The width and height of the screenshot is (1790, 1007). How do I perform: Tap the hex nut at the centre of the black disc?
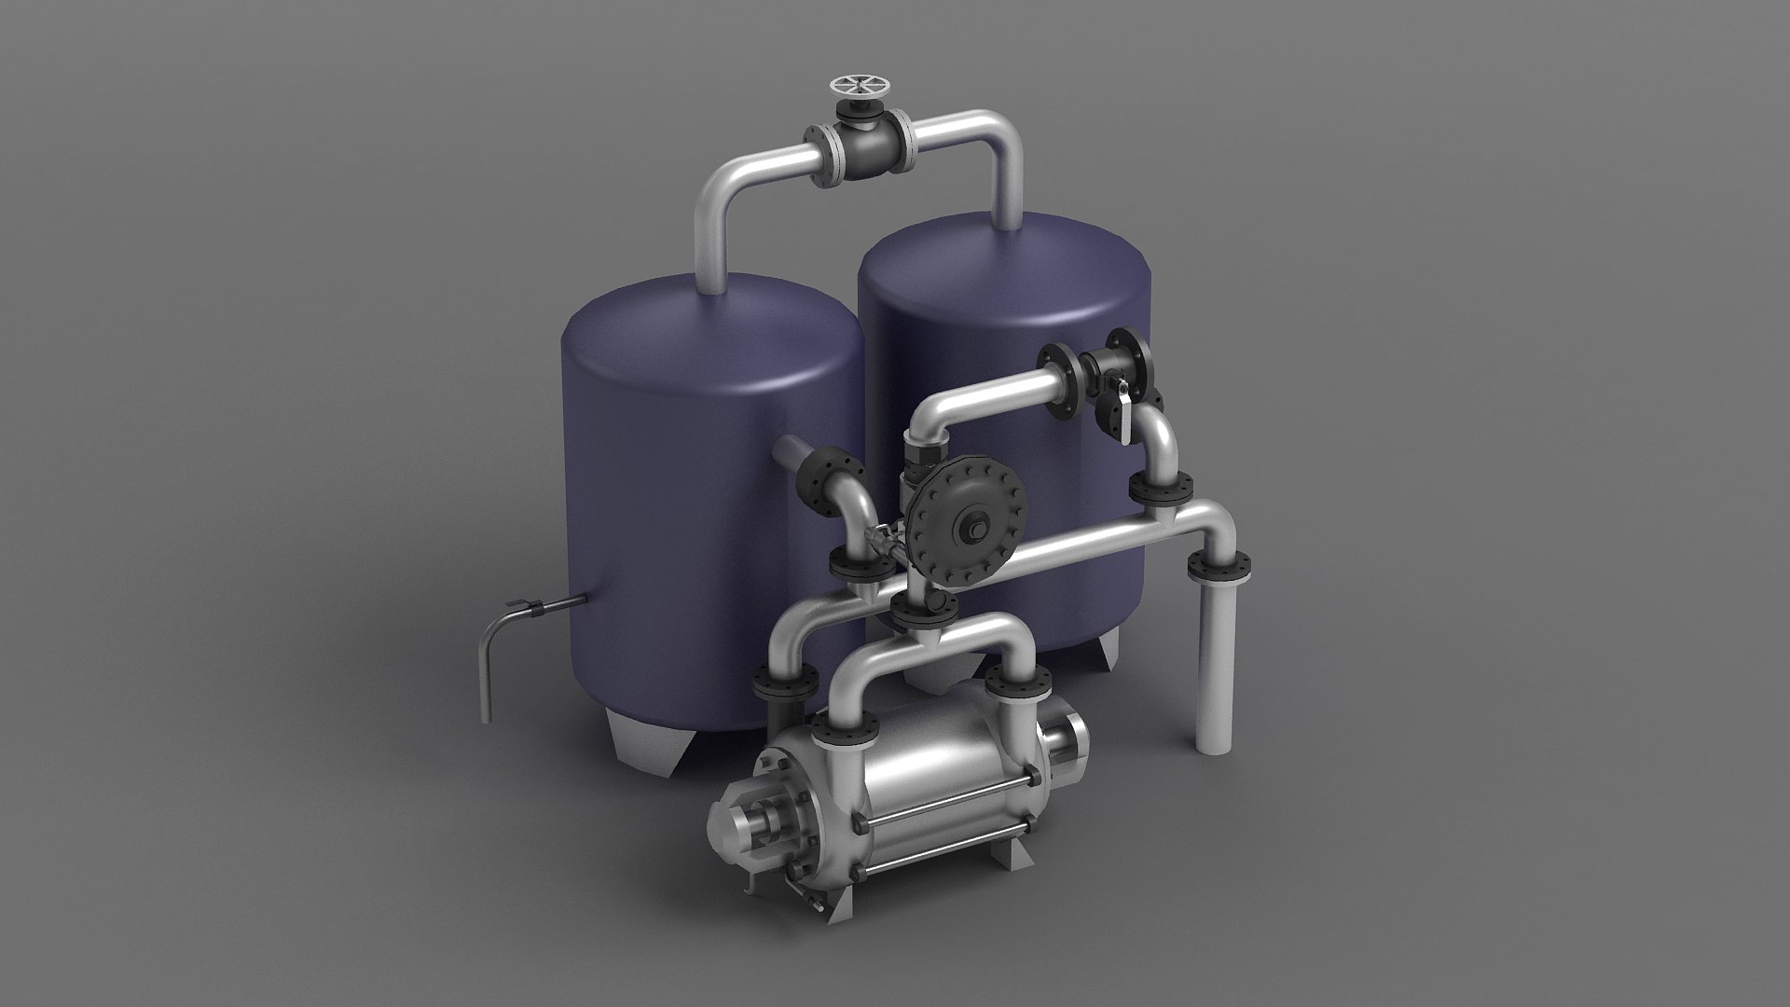coord(977,527)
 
